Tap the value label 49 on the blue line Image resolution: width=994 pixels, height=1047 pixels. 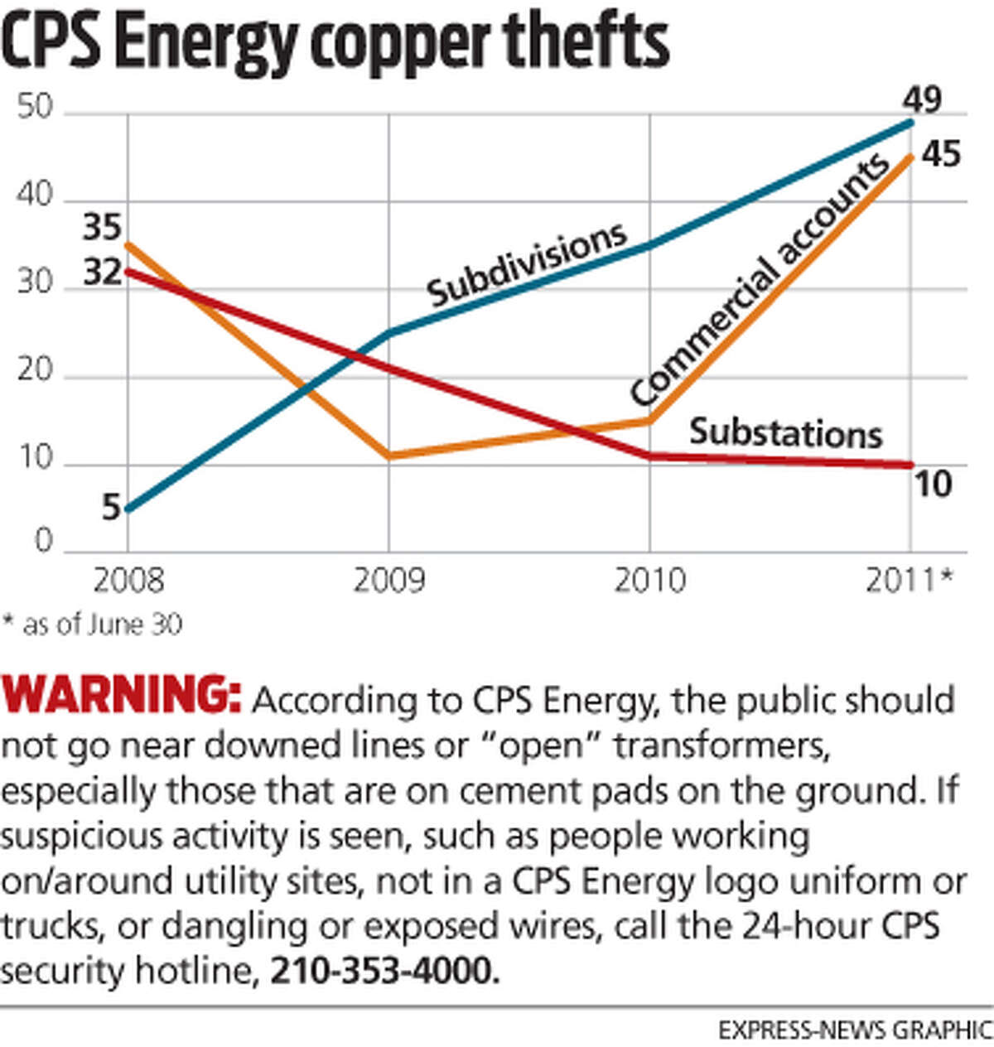click(922, 99)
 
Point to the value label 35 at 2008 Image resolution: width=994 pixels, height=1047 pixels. click(101, 228)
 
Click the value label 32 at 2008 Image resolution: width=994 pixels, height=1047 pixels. click(102, 272)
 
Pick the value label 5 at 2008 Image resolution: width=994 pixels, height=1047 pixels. click(111, 508)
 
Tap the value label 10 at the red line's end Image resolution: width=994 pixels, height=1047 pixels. click(932, 485)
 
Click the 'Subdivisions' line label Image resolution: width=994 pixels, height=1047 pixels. click(527, 263)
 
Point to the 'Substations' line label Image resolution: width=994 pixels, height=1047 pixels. click(785, 433)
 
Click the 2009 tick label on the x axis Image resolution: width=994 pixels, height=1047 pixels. click(388, 580)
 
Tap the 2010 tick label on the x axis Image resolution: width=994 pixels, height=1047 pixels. click(649, 580)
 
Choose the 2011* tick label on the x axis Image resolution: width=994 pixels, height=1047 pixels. click(910, 580)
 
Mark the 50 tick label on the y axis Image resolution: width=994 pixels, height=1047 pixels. click(35, 109)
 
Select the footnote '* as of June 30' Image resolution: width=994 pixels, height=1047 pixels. click(92, 624)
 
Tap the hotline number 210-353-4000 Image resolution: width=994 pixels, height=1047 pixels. click(384, 969)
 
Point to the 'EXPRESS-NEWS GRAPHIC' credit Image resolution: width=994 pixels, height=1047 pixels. click(854, 1030)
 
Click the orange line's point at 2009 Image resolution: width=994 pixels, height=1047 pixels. click(388, 456)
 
